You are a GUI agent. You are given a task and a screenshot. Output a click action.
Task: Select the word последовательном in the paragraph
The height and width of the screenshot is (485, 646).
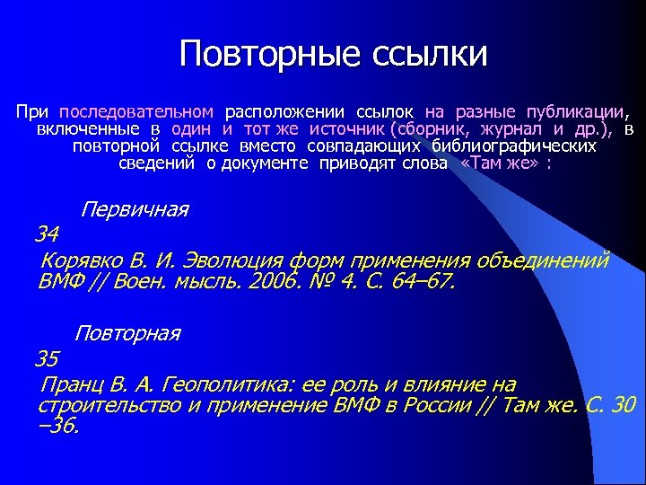(136, 112)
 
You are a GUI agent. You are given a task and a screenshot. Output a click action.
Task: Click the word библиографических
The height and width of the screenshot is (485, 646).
(513, 146)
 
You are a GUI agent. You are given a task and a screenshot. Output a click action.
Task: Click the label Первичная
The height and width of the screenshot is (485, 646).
(135, 210)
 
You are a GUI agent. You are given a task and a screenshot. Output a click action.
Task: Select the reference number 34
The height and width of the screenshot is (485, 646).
(47, 235)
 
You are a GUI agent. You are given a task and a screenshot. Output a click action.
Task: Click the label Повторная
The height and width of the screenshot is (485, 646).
(127, 334)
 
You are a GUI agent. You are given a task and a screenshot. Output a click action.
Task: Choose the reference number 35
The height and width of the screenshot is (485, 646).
(47, 359)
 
